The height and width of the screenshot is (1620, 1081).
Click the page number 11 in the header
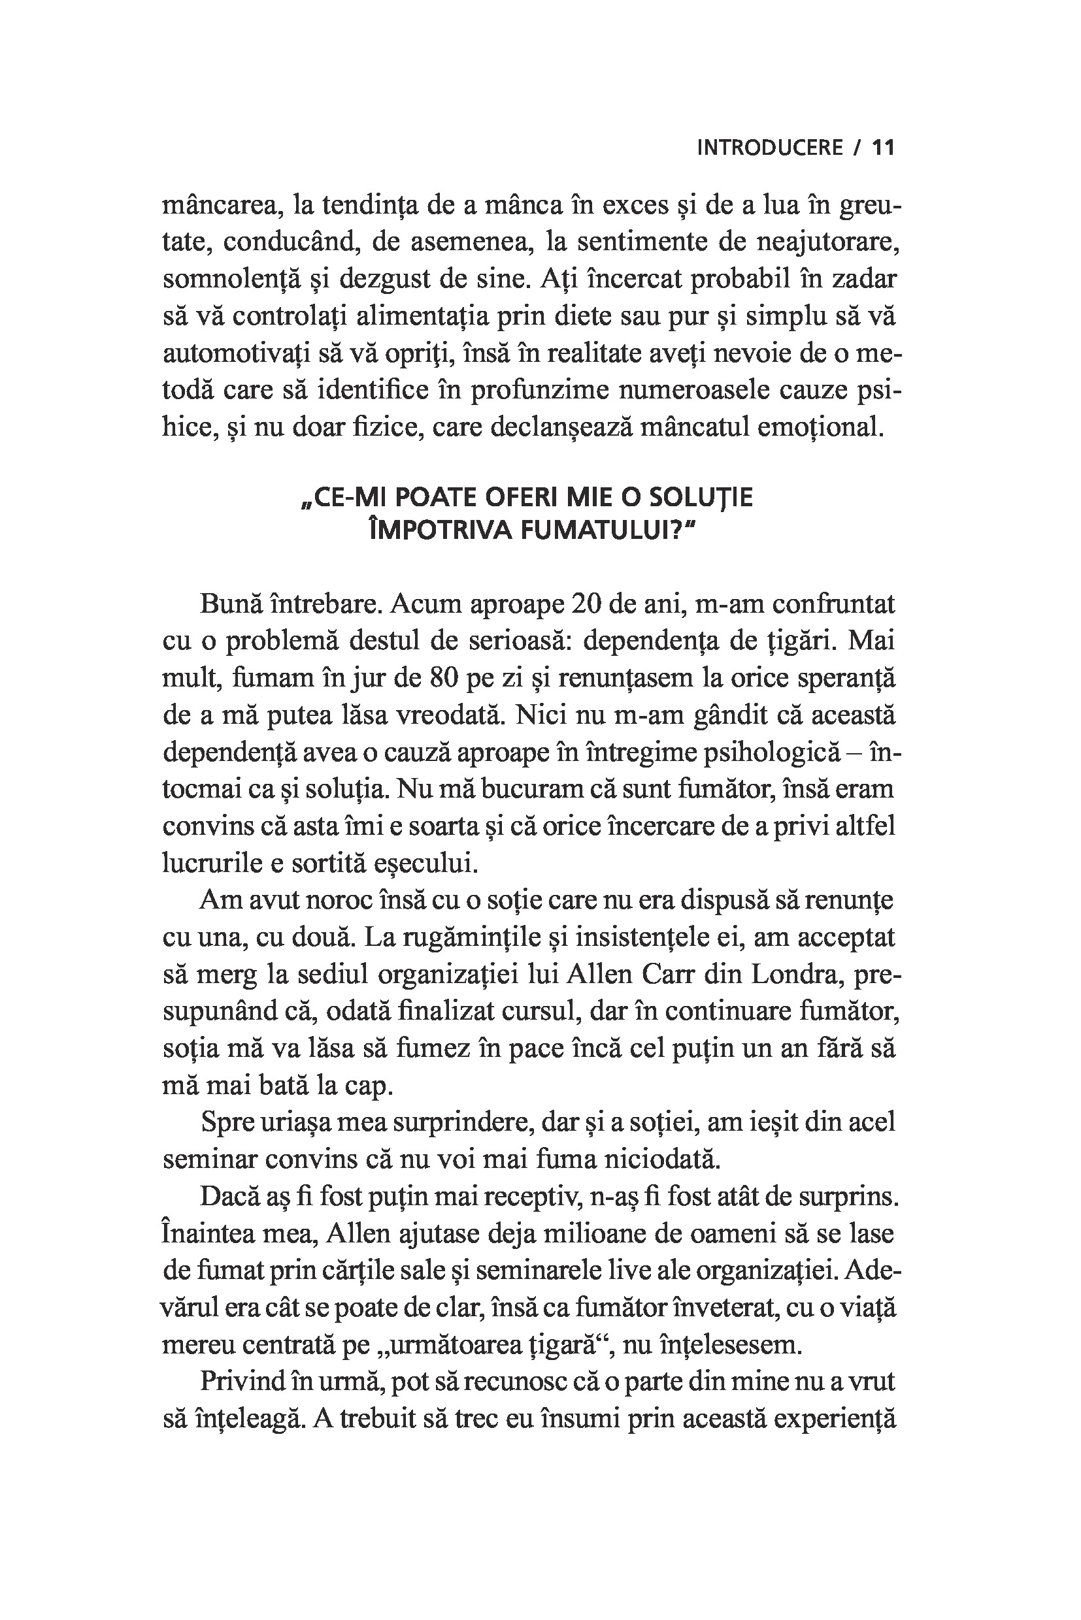coord(883,148)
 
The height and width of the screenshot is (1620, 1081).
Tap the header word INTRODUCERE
coord(769,148)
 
